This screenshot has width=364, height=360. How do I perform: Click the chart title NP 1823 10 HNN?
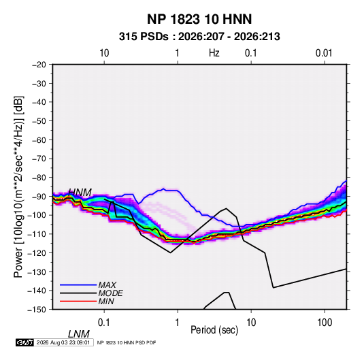pyautogui.click(x=199, y=19)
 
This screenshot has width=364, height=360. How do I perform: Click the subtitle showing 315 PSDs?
pyautogui.click(x=199, y=37)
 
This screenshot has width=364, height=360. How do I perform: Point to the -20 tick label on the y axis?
pyautogui.click(x=39, y=65)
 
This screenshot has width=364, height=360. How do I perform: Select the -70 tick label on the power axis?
pyautogui.click(x=39, y=159)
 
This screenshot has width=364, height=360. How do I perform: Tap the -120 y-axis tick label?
pyautogui.click(x=37, y=253)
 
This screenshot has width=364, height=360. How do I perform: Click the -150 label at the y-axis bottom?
pyautogui.click(x=37, y=310)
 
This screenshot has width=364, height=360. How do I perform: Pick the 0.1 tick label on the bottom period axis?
pyautogui.click(x=104, y=323)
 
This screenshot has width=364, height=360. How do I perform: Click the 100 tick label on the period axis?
pyautogui.click(x=325, y=323)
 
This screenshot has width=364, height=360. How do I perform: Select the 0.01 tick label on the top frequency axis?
pyautogui.click(x=324, y=53)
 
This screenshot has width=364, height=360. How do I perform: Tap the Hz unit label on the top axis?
pyautogui.click(x=214, y=53)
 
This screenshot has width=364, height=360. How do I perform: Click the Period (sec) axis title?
pyautogui.click(x=214, y=330)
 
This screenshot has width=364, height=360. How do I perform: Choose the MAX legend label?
pyautogui.click(x=107, y=284)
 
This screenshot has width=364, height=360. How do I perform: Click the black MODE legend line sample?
pyautogui.click(x=78, y=293)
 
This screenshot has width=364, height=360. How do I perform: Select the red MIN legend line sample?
pyautogui.click(x=78, y=301)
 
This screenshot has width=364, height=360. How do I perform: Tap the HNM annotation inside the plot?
pyautogui.click(x=80, y=193)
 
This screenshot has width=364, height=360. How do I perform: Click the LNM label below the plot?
pyautogui.click(x=79, y=334)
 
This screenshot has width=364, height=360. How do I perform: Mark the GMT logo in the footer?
pyautogui.click(x=25, y=342)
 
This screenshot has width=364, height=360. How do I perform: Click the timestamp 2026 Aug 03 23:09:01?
pyautogui.click(x=63, y=342)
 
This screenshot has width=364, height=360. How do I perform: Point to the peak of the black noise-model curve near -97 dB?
pyautogui.click(x=226, y=208)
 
